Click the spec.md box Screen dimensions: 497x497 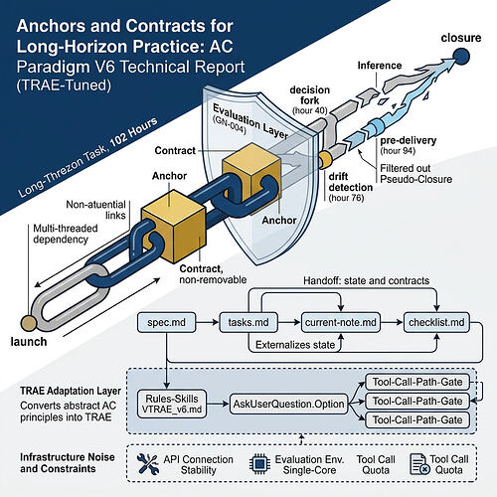point(166,322)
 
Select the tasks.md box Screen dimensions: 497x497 point(248,322)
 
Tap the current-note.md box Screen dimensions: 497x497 point(341,322)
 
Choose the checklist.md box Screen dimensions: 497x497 point(436,322)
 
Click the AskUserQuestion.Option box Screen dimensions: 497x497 point(288,404)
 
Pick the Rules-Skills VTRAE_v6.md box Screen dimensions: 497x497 point(172,404)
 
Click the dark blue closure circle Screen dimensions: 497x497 point(461,57)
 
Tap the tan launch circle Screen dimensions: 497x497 point(29,323)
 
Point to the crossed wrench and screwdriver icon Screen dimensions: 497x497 point(147,463)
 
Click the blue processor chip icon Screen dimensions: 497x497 point(259,463)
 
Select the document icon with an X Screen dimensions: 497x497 point(419,464)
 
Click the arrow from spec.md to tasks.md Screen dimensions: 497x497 point(208,322)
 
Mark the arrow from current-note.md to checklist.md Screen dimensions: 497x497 point(392,322)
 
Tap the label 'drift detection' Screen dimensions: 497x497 point(351,182)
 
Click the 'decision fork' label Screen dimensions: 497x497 point(310,95)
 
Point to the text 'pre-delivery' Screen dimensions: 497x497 point(408,140)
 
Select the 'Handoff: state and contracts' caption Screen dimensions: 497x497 point(367,281)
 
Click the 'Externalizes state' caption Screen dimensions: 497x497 point(295,345)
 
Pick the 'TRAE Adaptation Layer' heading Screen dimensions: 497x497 point(71,391)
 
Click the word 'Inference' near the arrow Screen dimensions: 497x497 point(380,66)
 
